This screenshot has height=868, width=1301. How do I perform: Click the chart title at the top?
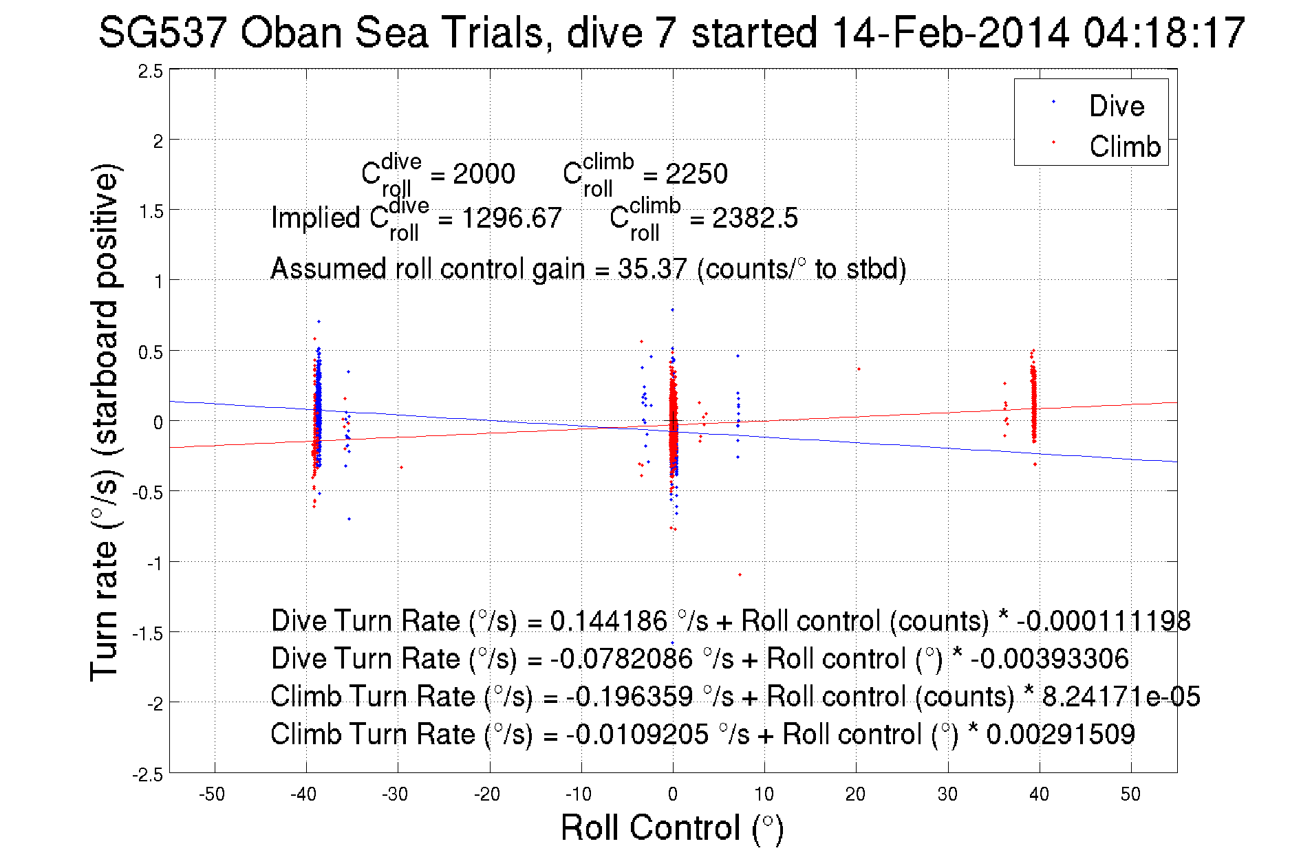(x=671, y=33)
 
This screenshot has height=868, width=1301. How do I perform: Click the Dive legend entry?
(x=1116, y=106)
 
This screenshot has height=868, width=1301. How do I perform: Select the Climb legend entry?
(x=1124, y=147)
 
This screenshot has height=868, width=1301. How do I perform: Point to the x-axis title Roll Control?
(x=671, y=827)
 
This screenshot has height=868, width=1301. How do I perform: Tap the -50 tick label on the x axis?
(x=212, y=794)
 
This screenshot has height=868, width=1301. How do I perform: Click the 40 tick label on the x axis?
(x=1039, y=794)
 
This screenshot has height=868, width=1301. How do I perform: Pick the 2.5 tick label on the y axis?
(x=150, y=72)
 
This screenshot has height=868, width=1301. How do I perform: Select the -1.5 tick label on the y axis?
(x=147, y=633)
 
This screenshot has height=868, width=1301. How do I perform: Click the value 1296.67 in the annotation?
(x=511, y=219)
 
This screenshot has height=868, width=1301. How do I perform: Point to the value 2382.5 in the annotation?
(x=755, y=219)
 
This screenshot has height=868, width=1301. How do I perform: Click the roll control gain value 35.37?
(x=652, y=269)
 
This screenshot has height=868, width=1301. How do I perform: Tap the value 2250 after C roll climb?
(x=696, y=174)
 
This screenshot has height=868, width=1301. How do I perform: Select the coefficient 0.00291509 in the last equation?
(x=1060, y=735)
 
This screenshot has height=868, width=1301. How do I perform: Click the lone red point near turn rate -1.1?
(x=740, y=574)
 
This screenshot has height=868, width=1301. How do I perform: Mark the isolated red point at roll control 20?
(x=859, y=369)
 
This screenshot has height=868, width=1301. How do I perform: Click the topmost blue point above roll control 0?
(x=672, y=310)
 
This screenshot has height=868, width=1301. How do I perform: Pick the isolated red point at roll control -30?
(x=401, y=468)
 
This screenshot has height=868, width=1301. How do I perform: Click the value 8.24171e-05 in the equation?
(x=1121, y=697)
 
